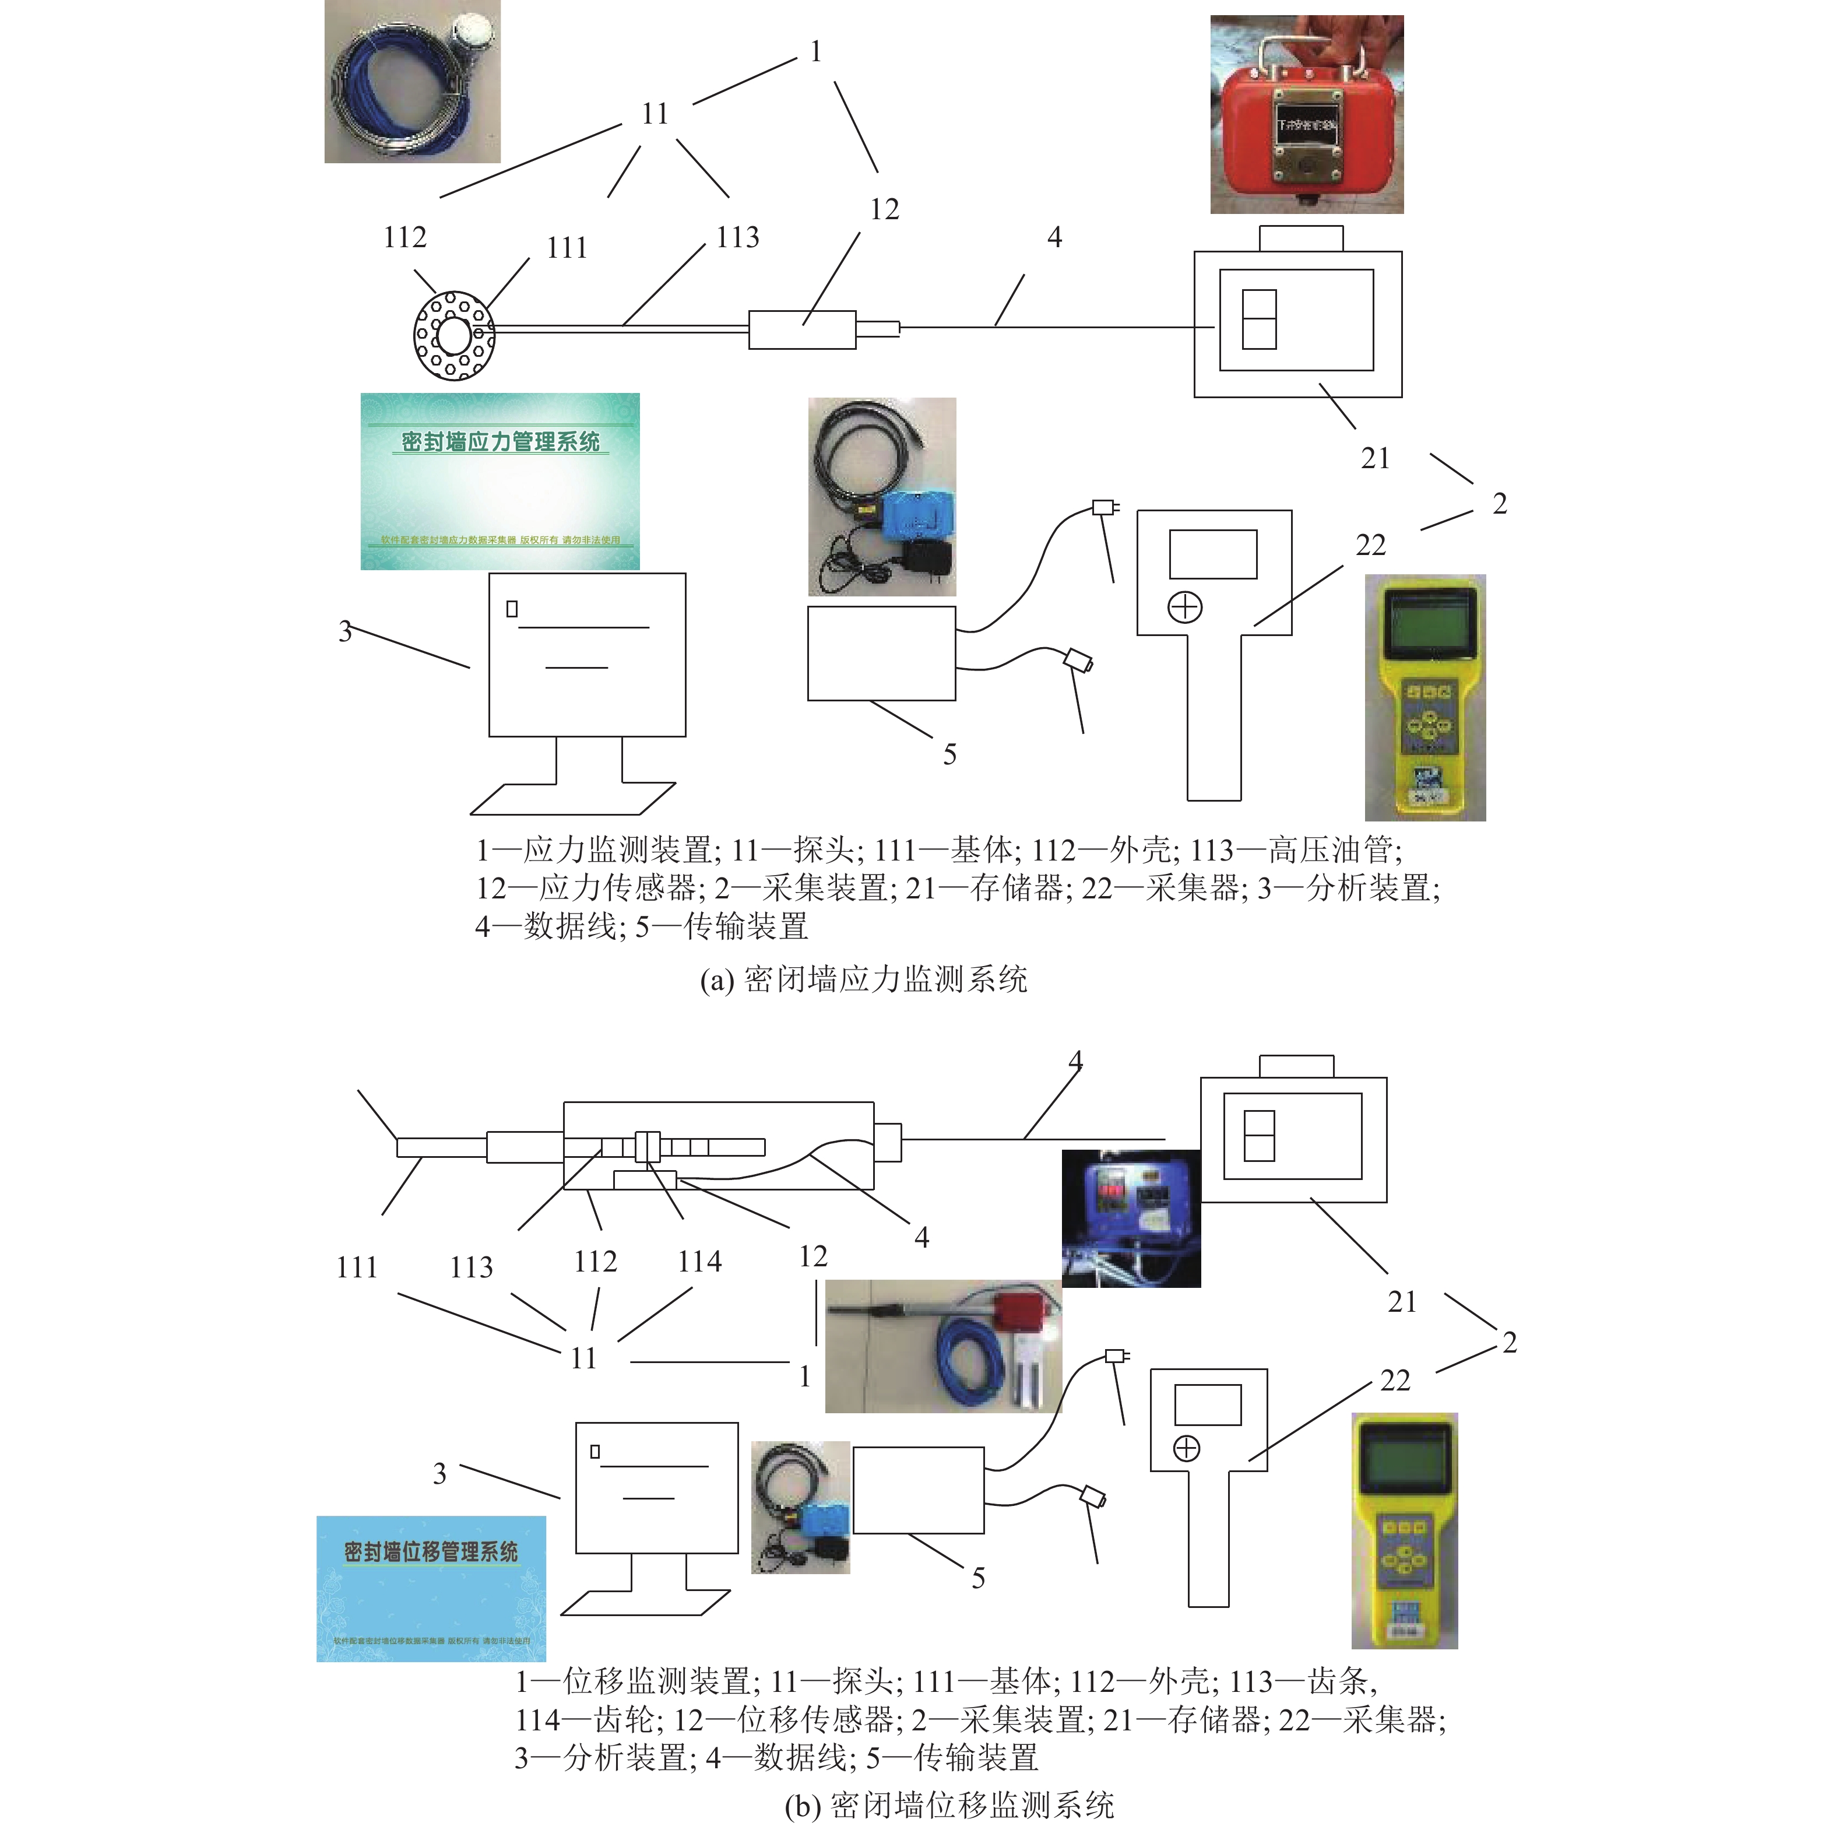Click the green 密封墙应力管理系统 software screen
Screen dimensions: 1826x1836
click(x=500, y=481)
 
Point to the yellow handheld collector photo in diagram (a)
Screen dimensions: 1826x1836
click(x=1425, y=697)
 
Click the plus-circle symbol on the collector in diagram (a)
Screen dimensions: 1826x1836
click(x=1185, y=608)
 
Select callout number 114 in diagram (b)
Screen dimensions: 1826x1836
click(x=699, y=1262)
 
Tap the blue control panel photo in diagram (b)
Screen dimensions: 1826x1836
click(x=1131, y=1218)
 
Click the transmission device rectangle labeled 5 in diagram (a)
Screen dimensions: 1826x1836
click(x=881, y=653)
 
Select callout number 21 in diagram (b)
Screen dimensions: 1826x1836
click(x=1402, y=1301)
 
